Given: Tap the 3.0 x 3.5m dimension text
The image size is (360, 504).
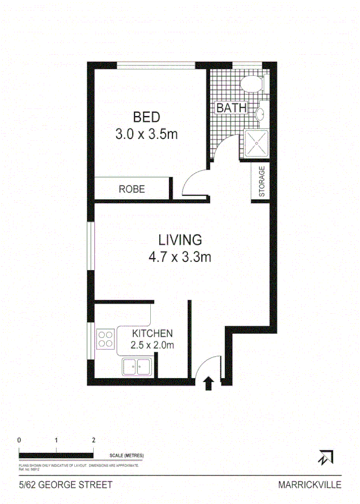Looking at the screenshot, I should coord(147,134).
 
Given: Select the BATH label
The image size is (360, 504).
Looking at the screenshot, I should coord(227,108).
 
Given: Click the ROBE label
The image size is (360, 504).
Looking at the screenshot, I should coord(132,189).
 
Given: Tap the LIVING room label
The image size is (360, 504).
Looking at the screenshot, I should coord(180,240).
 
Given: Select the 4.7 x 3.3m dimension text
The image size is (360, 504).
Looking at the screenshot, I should coord(180,257).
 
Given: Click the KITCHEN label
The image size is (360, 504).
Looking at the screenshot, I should coord(152,333).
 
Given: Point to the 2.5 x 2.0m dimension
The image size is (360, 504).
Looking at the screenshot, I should coord(152,346).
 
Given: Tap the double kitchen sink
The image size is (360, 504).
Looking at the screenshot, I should coord(137,367).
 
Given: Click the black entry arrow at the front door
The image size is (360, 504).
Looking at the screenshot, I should coord(207,384).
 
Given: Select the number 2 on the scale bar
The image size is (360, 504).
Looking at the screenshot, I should coord(93,440).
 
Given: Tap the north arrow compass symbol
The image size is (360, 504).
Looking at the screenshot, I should coord(325,457).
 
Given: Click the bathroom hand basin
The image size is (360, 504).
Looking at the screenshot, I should coord(260,113).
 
